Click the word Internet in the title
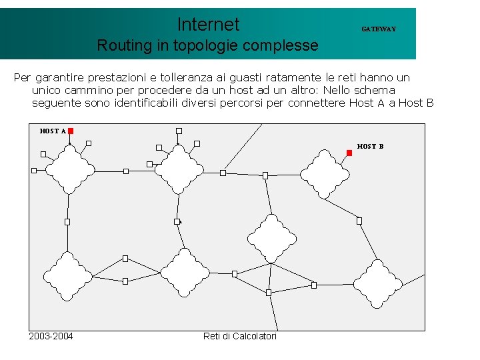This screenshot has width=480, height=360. point(208,25)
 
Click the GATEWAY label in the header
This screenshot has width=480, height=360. point(379,29)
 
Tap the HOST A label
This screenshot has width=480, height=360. point(53,131)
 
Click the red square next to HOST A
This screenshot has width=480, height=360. point(71,131)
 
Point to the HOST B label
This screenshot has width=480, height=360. point(370,146)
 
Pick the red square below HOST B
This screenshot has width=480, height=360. point(349,153)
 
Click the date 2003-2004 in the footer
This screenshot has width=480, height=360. point(51,336)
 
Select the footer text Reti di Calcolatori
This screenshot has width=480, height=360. point(240,336)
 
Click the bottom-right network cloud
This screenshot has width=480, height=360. point(377,284)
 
